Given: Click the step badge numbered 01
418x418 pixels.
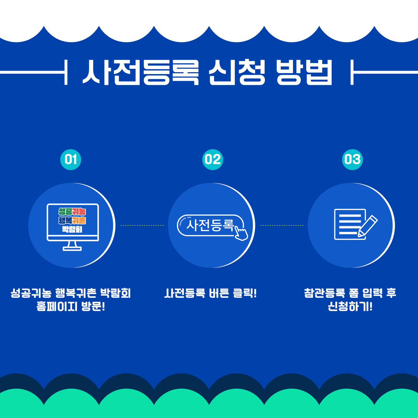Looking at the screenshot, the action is (71, 159).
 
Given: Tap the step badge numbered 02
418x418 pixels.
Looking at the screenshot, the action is (213, 159).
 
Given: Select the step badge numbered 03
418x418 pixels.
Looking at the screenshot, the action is (352, 159).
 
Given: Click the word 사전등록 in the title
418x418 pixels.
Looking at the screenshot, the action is (140, 72).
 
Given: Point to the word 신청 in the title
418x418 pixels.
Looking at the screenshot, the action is (237, 72).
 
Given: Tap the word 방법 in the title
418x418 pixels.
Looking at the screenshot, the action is (305, 72).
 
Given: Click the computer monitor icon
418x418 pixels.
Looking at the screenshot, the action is (73, 227).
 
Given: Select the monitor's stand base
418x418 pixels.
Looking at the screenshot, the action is (72, 249).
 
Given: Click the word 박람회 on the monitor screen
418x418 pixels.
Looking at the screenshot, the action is (72, 230).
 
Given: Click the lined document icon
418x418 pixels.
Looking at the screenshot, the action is (350, 224).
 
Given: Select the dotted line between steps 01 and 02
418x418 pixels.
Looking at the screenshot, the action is (142, 225).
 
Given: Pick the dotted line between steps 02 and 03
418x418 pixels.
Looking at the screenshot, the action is (282, 225).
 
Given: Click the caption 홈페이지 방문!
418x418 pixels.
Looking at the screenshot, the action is (71, 307).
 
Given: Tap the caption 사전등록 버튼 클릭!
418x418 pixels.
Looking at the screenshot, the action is (210, 293).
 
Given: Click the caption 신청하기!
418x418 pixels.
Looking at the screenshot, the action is (350, 307).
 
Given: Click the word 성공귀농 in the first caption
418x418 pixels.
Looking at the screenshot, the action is (31, 293).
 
